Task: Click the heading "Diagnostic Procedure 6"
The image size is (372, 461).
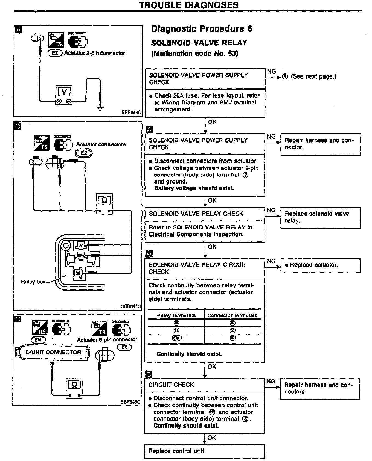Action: tap(202, 29)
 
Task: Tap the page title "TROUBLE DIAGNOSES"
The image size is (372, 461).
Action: tap(188, 5)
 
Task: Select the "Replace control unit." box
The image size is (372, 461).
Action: tap(204, 451)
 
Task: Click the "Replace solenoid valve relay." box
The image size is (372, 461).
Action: tap(320, 217)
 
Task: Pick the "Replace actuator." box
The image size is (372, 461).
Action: tap(320, 265)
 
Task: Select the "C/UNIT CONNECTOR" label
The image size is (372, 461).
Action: tap(53, 352)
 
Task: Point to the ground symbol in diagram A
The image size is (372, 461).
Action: tap(100, 108)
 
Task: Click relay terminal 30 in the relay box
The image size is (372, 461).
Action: tap(78, 273)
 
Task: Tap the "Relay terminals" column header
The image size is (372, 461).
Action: tap(176, 315)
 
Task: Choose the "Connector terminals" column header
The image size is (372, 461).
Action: tap(232, 315)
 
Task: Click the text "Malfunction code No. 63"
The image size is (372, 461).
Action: tap(194, 53)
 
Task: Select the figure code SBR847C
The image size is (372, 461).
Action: tap(131, 306)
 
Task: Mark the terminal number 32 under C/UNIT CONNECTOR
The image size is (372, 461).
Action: tap(52, 363)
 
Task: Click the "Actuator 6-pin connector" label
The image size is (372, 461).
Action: tap(107, 340)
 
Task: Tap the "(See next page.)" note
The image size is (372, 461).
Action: tap(313, 77)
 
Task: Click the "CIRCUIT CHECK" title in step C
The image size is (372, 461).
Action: tap(171, 385)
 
